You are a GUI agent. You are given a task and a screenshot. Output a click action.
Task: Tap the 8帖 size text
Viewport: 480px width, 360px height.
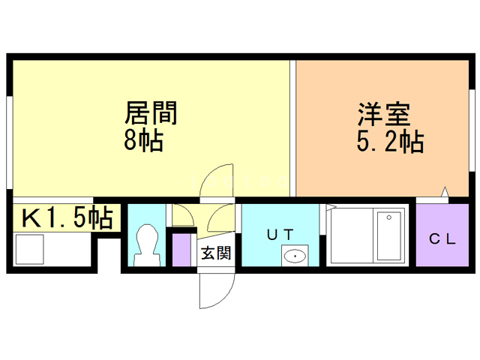coord(143,139)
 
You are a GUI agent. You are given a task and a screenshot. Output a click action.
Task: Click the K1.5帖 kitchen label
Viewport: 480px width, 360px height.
coord(66,218)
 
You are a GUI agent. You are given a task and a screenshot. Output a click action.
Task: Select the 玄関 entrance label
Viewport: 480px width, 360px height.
coord(215,253)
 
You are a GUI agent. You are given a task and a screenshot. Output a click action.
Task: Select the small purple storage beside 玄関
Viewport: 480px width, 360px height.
coord(181,250)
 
